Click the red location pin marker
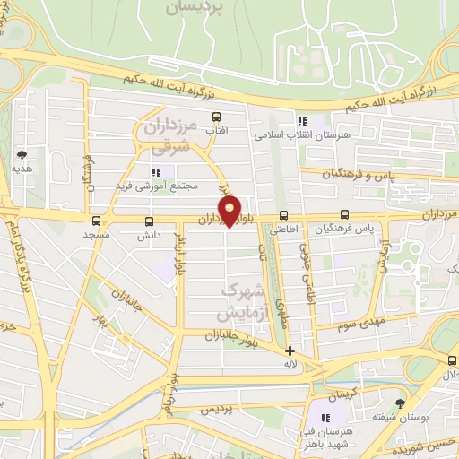230,212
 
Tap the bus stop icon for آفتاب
215,117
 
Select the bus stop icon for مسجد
96,221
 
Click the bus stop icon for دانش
149,221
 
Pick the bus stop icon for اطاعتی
283,215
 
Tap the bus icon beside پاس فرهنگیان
345,215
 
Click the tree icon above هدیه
22,154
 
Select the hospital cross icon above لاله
289,351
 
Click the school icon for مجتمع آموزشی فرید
156,171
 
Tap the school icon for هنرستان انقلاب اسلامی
301,120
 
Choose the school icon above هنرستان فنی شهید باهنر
325,418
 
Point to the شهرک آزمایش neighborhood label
242,302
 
